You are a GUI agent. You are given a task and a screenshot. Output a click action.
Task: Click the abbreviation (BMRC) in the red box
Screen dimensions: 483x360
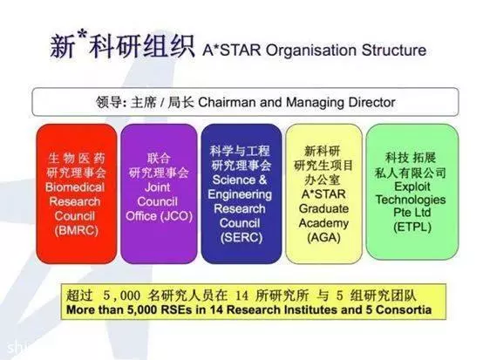click(76, 230)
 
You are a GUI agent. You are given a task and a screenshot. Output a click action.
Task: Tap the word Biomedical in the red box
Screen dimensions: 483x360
click(75, 187)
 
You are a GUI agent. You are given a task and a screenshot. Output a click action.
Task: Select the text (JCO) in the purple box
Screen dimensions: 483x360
click(176, 216)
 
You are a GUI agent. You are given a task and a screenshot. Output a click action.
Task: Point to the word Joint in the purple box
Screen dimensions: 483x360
click(158, 187)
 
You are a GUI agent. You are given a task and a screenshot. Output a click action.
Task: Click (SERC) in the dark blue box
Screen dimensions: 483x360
click(241, 237)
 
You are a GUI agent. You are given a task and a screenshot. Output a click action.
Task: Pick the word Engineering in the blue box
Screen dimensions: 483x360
click(240, 194)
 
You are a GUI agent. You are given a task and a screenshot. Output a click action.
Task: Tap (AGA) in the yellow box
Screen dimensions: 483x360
click(323, 237)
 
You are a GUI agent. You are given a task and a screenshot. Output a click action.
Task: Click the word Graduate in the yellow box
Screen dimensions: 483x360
click(323, 209)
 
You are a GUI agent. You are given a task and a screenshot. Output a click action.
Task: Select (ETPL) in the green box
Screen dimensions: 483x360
click(412, 227)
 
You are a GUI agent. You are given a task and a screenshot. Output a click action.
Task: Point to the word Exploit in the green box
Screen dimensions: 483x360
click(412, 187)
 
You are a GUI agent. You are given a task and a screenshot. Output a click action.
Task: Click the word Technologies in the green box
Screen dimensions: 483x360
click(411, 200)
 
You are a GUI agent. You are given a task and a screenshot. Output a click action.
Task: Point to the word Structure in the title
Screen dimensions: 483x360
click(394, 51)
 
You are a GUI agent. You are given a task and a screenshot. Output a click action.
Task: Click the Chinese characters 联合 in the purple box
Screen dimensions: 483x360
click(159, 159)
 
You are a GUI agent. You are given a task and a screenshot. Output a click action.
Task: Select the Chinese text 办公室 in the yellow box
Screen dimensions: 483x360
click(323, 180)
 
